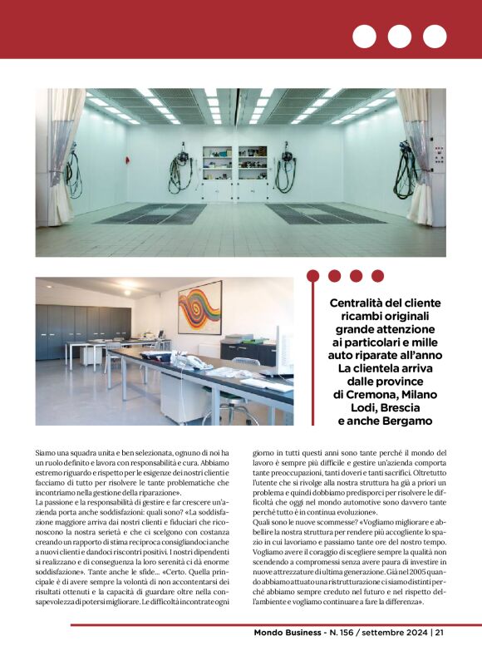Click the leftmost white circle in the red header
[364, 37]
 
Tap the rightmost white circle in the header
[435, 37]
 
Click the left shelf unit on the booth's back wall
[217, 164]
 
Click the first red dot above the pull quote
[313, 275]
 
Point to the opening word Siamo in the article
[47, 454]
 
